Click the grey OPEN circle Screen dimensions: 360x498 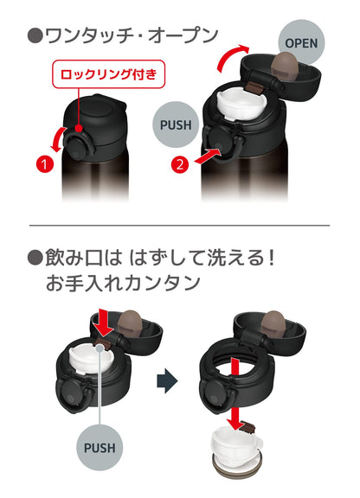point(301,42)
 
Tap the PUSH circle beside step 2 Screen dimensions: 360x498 point(176,124)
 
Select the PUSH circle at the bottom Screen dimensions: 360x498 point(100,448)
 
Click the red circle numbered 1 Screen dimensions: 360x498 point(45,164)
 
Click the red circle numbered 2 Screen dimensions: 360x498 point(180,165)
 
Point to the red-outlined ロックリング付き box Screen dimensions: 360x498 point(109,74)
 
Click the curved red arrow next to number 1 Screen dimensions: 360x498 point(57,139)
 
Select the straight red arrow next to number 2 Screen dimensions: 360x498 point(208,156)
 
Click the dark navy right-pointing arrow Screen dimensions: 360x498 point(167,380)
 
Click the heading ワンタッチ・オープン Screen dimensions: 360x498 point(132,35)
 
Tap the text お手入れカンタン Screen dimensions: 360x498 point(123,283)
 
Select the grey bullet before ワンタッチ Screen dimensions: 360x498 point(35,36)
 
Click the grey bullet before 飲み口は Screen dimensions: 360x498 point(35,258)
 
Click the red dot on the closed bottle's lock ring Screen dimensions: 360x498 point(79,129)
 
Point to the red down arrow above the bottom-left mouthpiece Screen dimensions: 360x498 point(105,322)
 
